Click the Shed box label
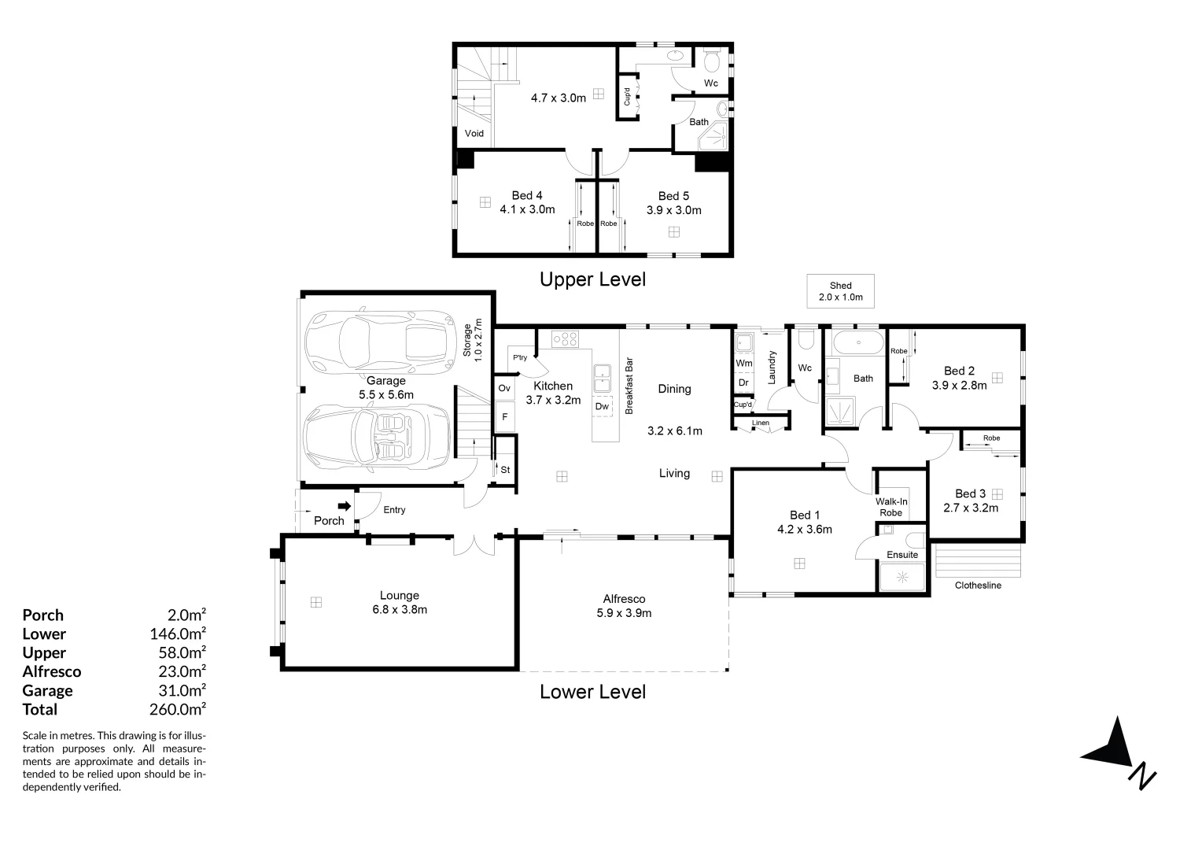pyautogui.click(x=840, y=290)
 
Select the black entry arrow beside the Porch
pyautogui.click(x=344, y=506)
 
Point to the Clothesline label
pyautogui.click(x=977, y=585)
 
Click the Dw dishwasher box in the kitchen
pyautogui.click(x=602, y=407)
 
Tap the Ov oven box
pyautogui.click(x=504, y=388)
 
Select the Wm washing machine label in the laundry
pyautogui.click(x=743, y=363)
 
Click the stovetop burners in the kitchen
pyautogui.click(x=565, y=339)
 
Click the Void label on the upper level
pyautogui.click(x=474, y=133)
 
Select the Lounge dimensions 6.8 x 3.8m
pyautogui.click(x=399, y=609)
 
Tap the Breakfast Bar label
pyautogui.click(x=629, y=386)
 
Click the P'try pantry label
pyautogui.click(x=519, y=358)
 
